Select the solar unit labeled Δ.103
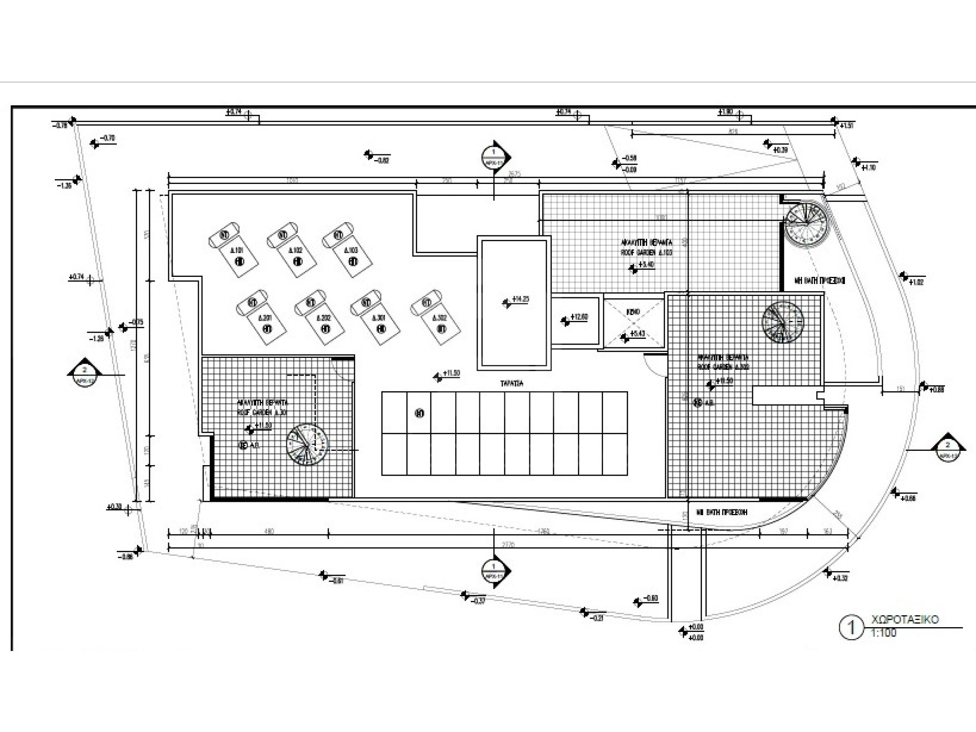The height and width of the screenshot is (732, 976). coord(347,250)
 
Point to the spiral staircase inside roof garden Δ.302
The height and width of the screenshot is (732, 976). coord(783,322)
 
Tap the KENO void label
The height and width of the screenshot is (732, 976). coord(633,312)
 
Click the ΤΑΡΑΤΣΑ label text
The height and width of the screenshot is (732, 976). coord(512,383)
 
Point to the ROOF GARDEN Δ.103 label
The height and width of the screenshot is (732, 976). coord(646,253)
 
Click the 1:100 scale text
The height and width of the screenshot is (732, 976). coord(884,633)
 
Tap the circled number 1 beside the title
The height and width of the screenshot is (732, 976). coord(851,628)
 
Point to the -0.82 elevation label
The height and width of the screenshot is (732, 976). coord(383,161)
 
